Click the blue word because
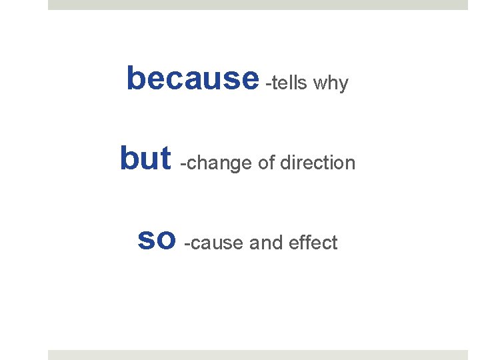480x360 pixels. tap(192, 79)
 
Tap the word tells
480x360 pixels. tap(289, 83)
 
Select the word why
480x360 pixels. tap(331, 85)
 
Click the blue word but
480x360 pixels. tap(145, 158)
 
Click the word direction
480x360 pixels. tap(317, 163)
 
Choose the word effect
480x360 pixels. tap(313, 243)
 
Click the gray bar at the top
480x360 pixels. tap(258, 5)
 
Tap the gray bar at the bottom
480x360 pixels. tap(258, 355)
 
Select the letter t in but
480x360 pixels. tap(165, 158)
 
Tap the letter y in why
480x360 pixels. tap(343, 86)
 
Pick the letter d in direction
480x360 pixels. tap(285, 163)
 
